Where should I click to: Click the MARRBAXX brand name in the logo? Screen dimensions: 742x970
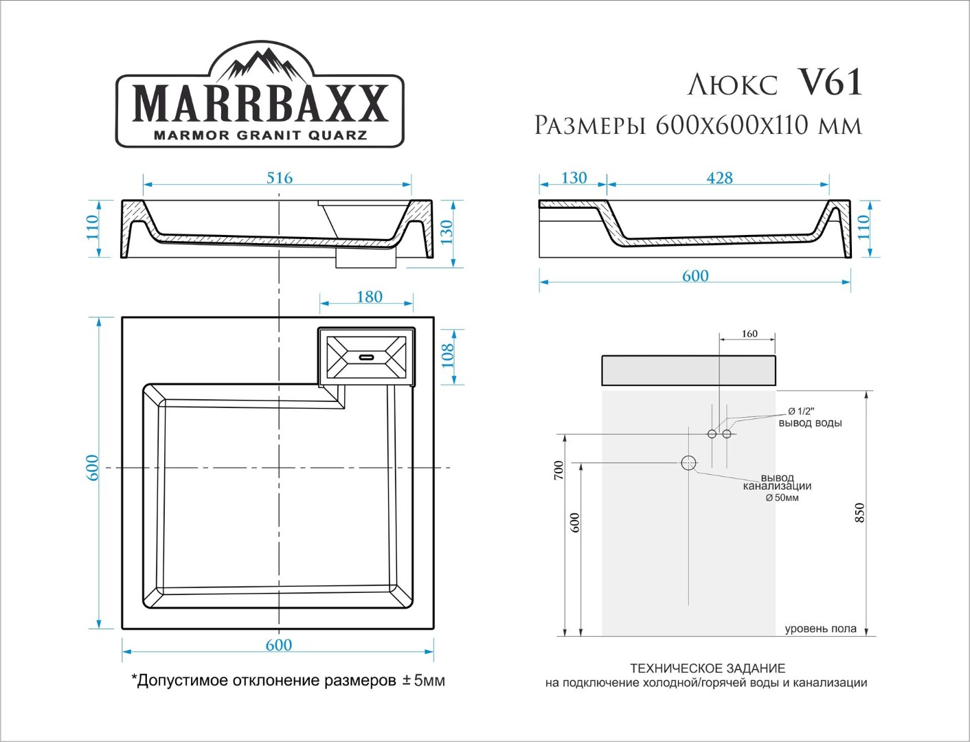[x=260, y=104]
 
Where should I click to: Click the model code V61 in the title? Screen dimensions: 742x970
[x=831, y=83]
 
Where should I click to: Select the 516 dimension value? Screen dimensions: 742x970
[x=280, y=178]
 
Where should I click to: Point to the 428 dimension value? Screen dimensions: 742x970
[x=719, y=178]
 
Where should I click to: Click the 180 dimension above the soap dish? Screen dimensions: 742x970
[x=370, y=297]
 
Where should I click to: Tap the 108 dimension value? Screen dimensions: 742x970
[x=448, y=355]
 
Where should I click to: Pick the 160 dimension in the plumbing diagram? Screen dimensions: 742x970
[x=749, y=334]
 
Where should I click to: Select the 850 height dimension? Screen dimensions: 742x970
[x=859, y=513]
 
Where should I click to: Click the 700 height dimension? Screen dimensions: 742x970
[x=559, y=471]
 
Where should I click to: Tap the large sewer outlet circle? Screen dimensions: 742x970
[x=688, y=463]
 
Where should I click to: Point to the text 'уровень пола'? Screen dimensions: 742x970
[x=820, y=629]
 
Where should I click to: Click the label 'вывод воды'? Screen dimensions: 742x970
[x=810, y=423]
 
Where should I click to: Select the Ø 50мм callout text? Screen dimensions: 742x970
[x=782, y=498]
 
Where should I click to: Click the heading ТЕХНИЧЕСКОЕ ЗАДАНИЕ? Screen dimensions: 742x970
[x=708, y=668]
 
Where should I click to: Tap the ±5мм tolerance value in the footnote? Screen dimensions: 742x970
[x=424, y=681]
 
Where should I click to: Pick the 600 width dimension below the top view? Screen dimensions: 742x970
[x=278, y=645]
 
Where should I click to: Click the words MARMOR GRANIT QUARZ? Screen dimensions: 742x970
[x=260, y=135]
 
